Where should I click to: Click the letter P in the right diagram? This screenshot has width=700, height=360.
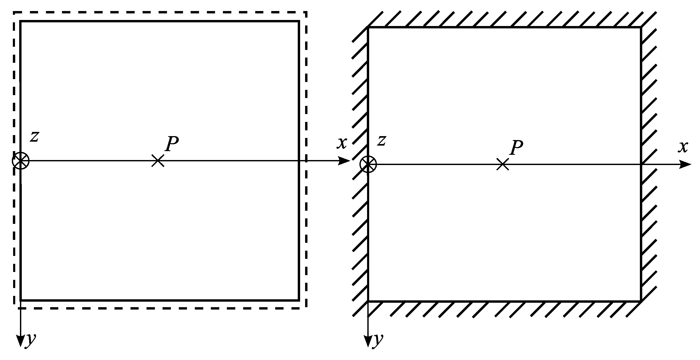516,148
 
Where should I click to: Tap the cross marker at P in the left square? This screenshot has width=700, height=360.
158,161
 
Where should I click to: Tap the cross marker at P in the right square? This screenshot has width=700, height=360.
503,164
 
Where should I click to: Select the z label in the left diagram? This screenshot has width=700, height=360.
34,136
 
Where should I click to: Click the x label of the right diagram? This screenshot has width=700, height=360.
683,147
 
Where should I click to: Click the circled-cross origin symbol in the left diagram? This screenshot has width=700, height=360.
21,161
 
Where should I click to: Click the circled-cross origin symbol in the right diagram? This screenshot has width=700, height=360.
368,164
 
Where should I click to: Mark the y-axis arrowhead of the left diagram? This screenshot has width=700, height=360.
20,341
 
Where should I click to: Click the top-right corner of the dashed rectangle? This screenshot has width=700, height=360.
306,12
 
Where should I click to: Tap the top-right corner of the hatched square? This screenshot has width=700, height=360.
641,27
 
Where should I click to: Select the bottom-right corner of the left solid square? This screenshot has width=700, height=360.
299,300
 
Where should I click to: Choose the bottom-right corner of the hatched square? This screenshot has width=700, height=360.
641,301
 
